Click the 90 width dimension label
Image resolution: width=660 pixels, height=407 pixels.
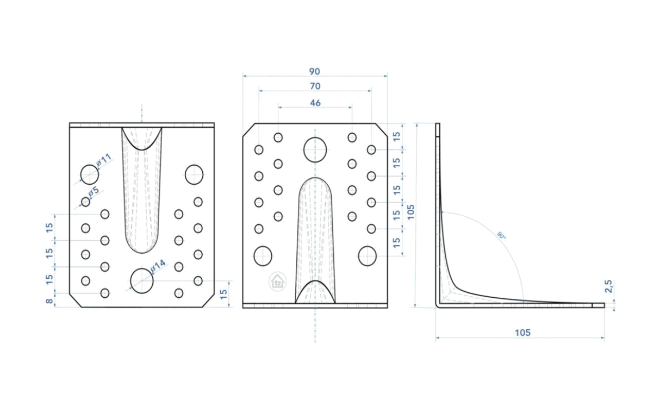point(314,72)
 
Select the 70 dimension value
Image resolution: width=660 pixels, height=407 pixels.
point(315,86)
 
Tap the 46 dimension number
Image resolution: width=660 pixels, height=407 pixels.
point(315,103)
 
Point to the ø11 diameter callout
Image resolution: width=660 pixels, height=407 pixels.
point(104,160)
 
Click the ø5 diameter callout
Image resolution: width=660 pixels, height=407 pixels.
point(94,191)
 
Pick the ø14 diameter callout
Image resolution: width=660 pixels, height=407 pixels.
point(158,266)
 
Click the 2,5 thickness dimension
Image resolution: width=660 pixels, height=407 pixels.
point(608,286)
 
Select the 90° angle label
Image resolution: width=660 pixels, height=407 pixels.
point(501,235)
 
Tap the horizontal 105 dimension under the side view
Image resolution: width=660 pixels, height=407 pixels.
point(522,333)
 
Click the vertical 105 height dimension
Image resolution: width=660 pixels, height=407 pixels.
point(410,212)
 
